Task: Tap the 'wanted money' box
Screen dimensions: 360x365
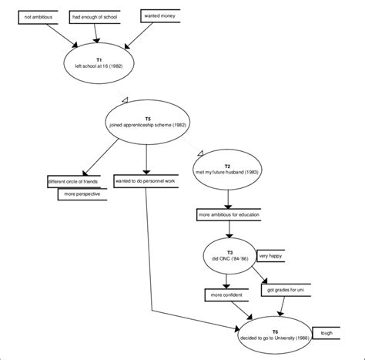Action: coord(162,15)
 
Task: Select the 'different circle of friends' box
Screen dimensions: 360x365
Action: coord(73,181)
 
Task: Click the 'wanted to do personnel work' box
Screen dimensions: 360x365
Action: coord(146,181)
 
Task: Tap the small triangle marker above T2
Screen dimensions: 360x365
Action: coord(200,153)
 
